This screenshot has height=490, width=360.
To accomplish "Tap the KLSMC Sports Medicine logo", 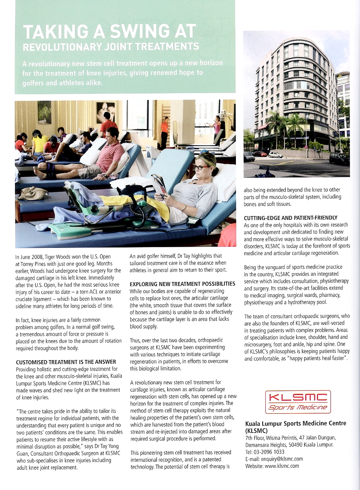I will click(298, 402).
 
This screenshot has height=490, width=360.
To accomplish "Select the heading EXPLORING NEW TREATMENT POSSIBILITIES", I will click(182, 284).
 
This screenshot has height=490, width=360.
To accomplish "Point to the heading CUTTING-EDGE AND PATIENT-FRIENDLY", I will click(290, 218).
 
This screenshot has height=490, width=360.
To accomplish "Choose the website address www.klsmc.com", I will click(281, 466).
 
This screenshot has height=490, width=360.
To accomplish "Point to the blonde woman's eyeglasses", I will click(201, 167).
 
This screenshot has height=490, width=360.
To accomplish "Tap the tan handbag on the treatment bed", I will click(33, 193).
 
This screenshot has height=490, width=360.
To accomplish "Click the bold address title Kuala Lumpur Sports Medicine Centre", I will click(295, 423).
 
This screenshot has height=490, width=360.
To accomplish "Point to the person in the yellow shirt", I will click(39, 143).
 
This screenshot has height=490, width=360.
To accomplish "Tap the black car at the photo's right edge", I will click(339, 158).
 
